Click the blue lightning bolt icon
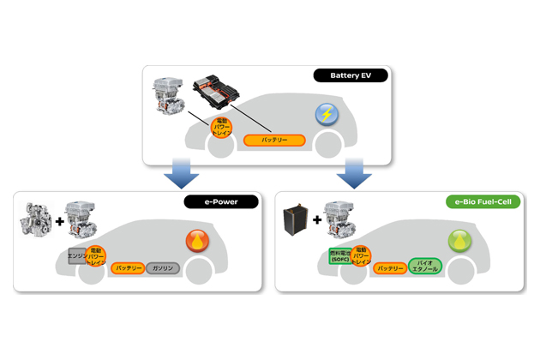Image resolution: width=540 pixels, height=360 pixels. [x=327, y=114]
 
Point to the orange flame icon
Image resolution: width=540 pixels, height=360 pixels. [x=197, y=241]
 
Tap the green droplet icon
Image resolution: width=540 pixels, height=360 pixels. [x=460, y=241]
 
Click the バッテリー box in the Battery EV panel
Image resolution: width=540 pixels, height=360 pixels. [x=274, y=140]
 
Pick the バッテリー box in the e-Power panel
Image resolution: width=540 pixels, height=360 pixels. [x=127, y=268]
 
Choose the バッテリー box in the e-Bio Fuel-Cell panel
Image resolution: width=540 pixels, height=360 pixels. [x=390, y=268]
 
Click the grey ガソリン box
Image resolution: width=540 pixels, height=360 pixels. [x=163, y=268]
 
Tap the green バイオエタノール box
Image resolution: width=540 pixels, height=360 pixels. [x=426, y=266]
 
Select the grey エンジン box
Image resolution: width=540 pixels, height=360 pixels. [x=78, y=256]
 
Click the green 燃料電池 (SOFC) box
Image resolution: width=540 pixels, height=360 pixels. [x=340, y=255]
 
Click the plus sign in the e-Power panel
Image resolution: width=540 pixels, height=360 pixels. [x=60, y=221]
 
